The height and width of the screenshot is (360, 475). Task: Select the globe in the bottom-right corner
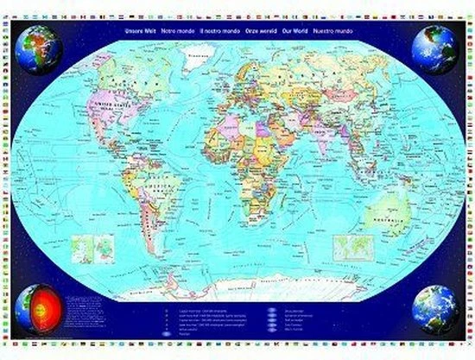tap(434, 309)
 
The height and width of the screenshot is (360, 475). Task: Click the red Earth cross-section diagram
tap(41, 309)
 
